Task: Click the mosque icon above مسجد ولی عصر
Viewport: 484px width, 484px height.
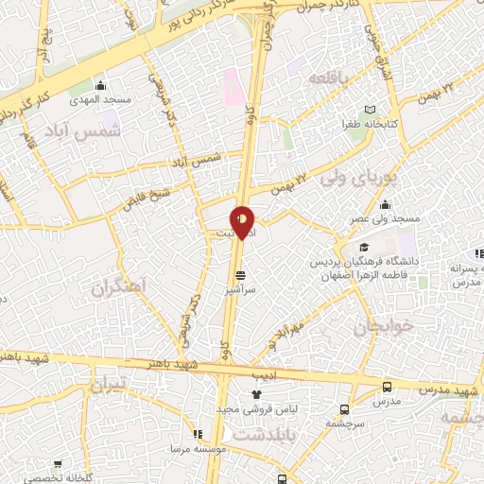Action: point(385,204)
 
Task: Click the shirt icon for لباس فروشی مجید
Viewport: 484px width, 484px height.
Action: point(254,394)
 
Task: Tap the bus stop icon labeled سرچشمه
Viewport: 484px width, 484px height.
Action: point(343,410)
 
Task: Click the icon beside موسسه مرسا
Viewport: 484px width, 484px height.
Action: point(198,434)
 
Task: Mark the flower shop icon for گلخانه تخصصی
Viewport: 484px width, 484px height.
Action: point(59,464)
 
